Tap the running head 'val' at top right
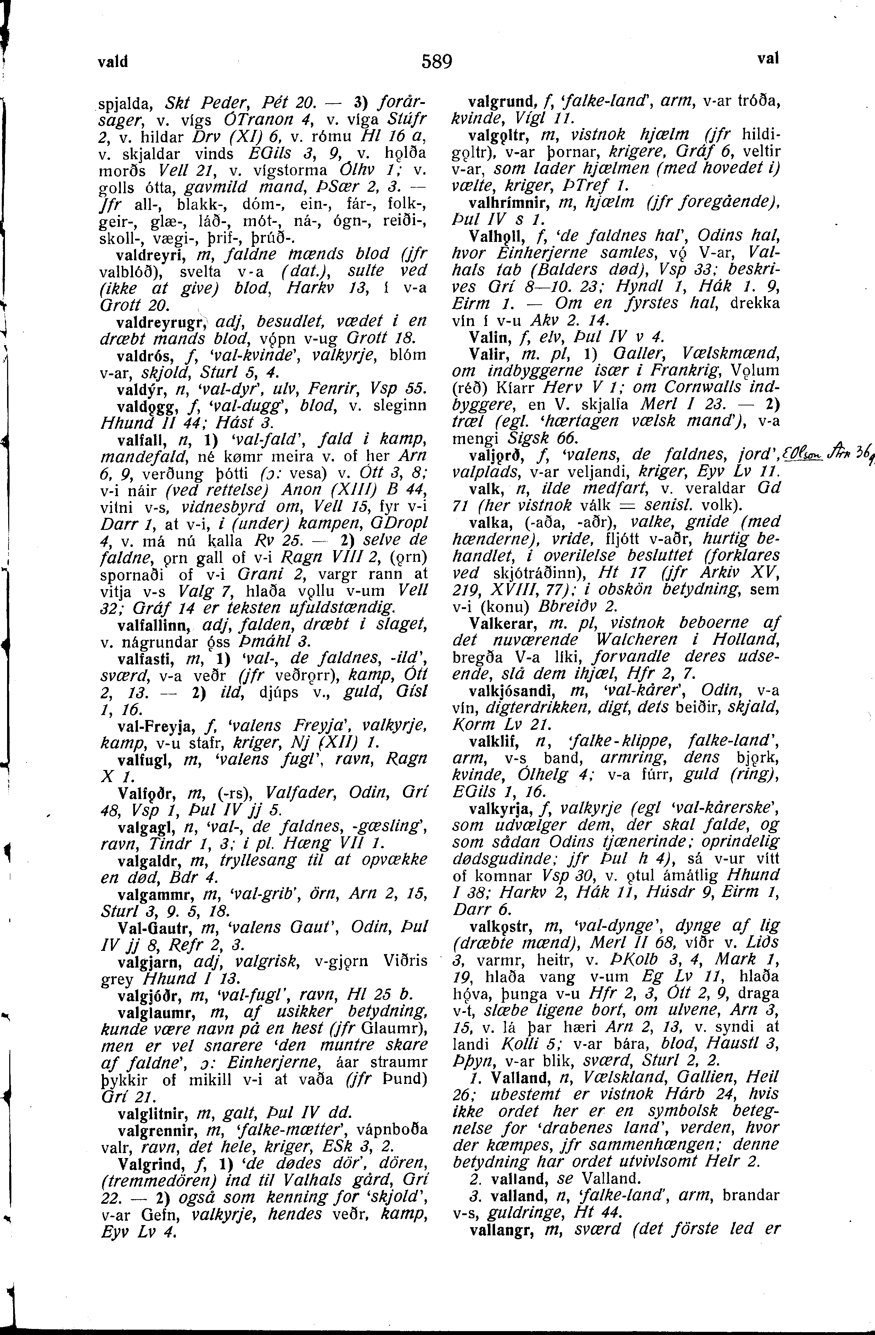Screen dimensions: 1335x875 click(x=768, y=58)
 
